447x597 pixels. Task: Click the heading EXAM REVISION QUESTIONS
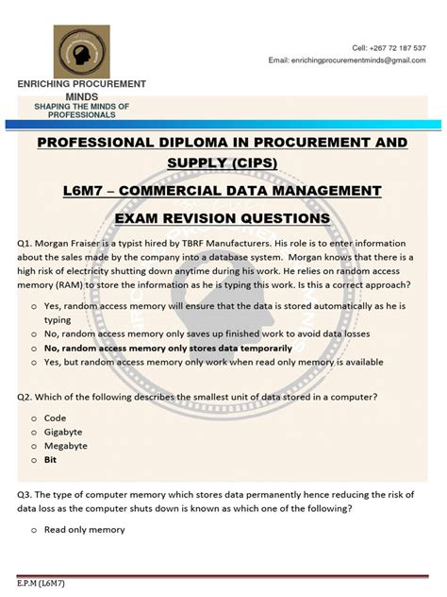[x=223, y=218]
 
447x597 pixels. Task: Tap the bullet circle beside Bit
[x=34, y=460]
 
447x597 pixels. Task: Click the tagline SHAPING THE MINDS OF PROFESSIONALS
[x=81, y=110]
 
